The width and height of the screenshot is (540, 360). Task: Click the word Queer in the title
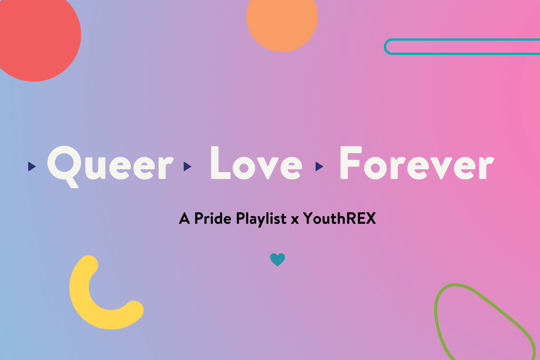coord(110,167)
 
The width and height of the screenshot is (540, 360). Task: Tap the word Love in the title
coord(256,163)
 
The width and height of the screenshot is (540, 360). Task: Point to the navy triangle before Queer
coord(32,166)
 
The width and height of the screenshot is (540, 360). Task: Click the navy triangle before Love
coord(187,166)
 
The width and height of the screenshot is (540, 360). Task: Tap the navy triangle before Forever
coord(319,166)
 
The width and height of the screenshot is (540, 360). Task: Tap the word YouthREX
coord(340,218)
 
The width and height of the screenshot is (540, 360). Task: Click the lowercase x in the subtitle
coord(295,220)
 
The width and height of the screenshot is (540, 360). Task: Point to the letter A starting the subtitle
coord(185,218)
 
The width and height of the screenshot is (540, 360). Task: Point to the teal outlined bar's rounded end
coord(386,47)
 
